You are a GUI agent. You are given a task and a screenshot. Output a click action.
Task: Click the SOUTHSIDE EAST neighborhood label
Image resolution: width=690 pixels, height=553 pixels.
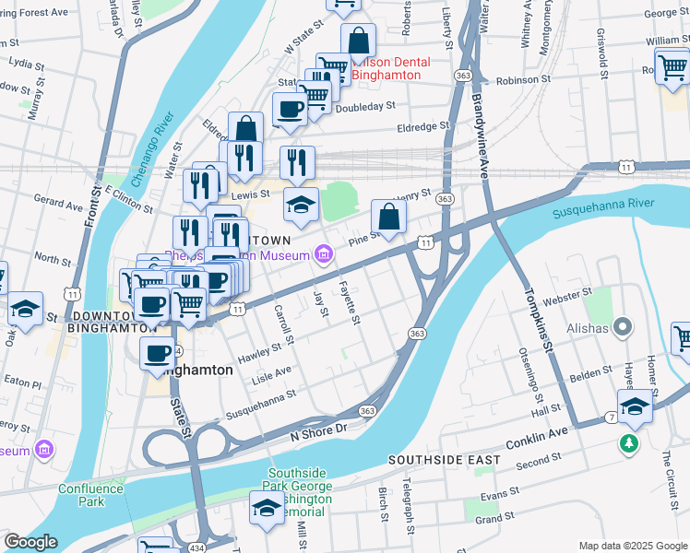444,459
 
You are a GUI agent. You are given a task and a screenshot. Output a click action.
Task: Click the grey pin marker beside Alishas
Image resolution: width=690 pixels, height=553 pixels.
624,326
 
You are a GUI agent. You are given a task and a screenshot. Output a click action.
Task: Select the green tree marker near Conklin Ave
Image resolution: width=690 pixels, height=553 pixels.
630,444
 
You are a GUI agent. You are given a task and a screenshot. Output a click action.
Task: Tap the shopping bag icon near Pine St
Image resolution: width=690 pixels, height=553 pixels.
389,218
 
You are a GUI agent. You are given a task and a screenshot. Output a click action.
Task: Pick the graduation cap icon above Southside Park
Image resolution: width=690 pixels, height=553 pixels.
267,508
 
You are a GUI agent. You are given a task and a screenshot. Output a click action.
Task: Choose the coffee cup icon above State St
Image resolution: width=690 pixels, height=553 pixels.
158,352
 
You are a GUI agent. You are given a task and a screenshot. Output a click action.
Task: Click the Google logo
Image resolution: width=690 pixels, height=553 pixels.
30,542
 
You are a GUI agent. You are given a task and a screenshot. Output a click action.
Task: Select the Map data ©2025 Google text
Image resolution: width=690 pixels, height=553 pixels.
632,546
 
